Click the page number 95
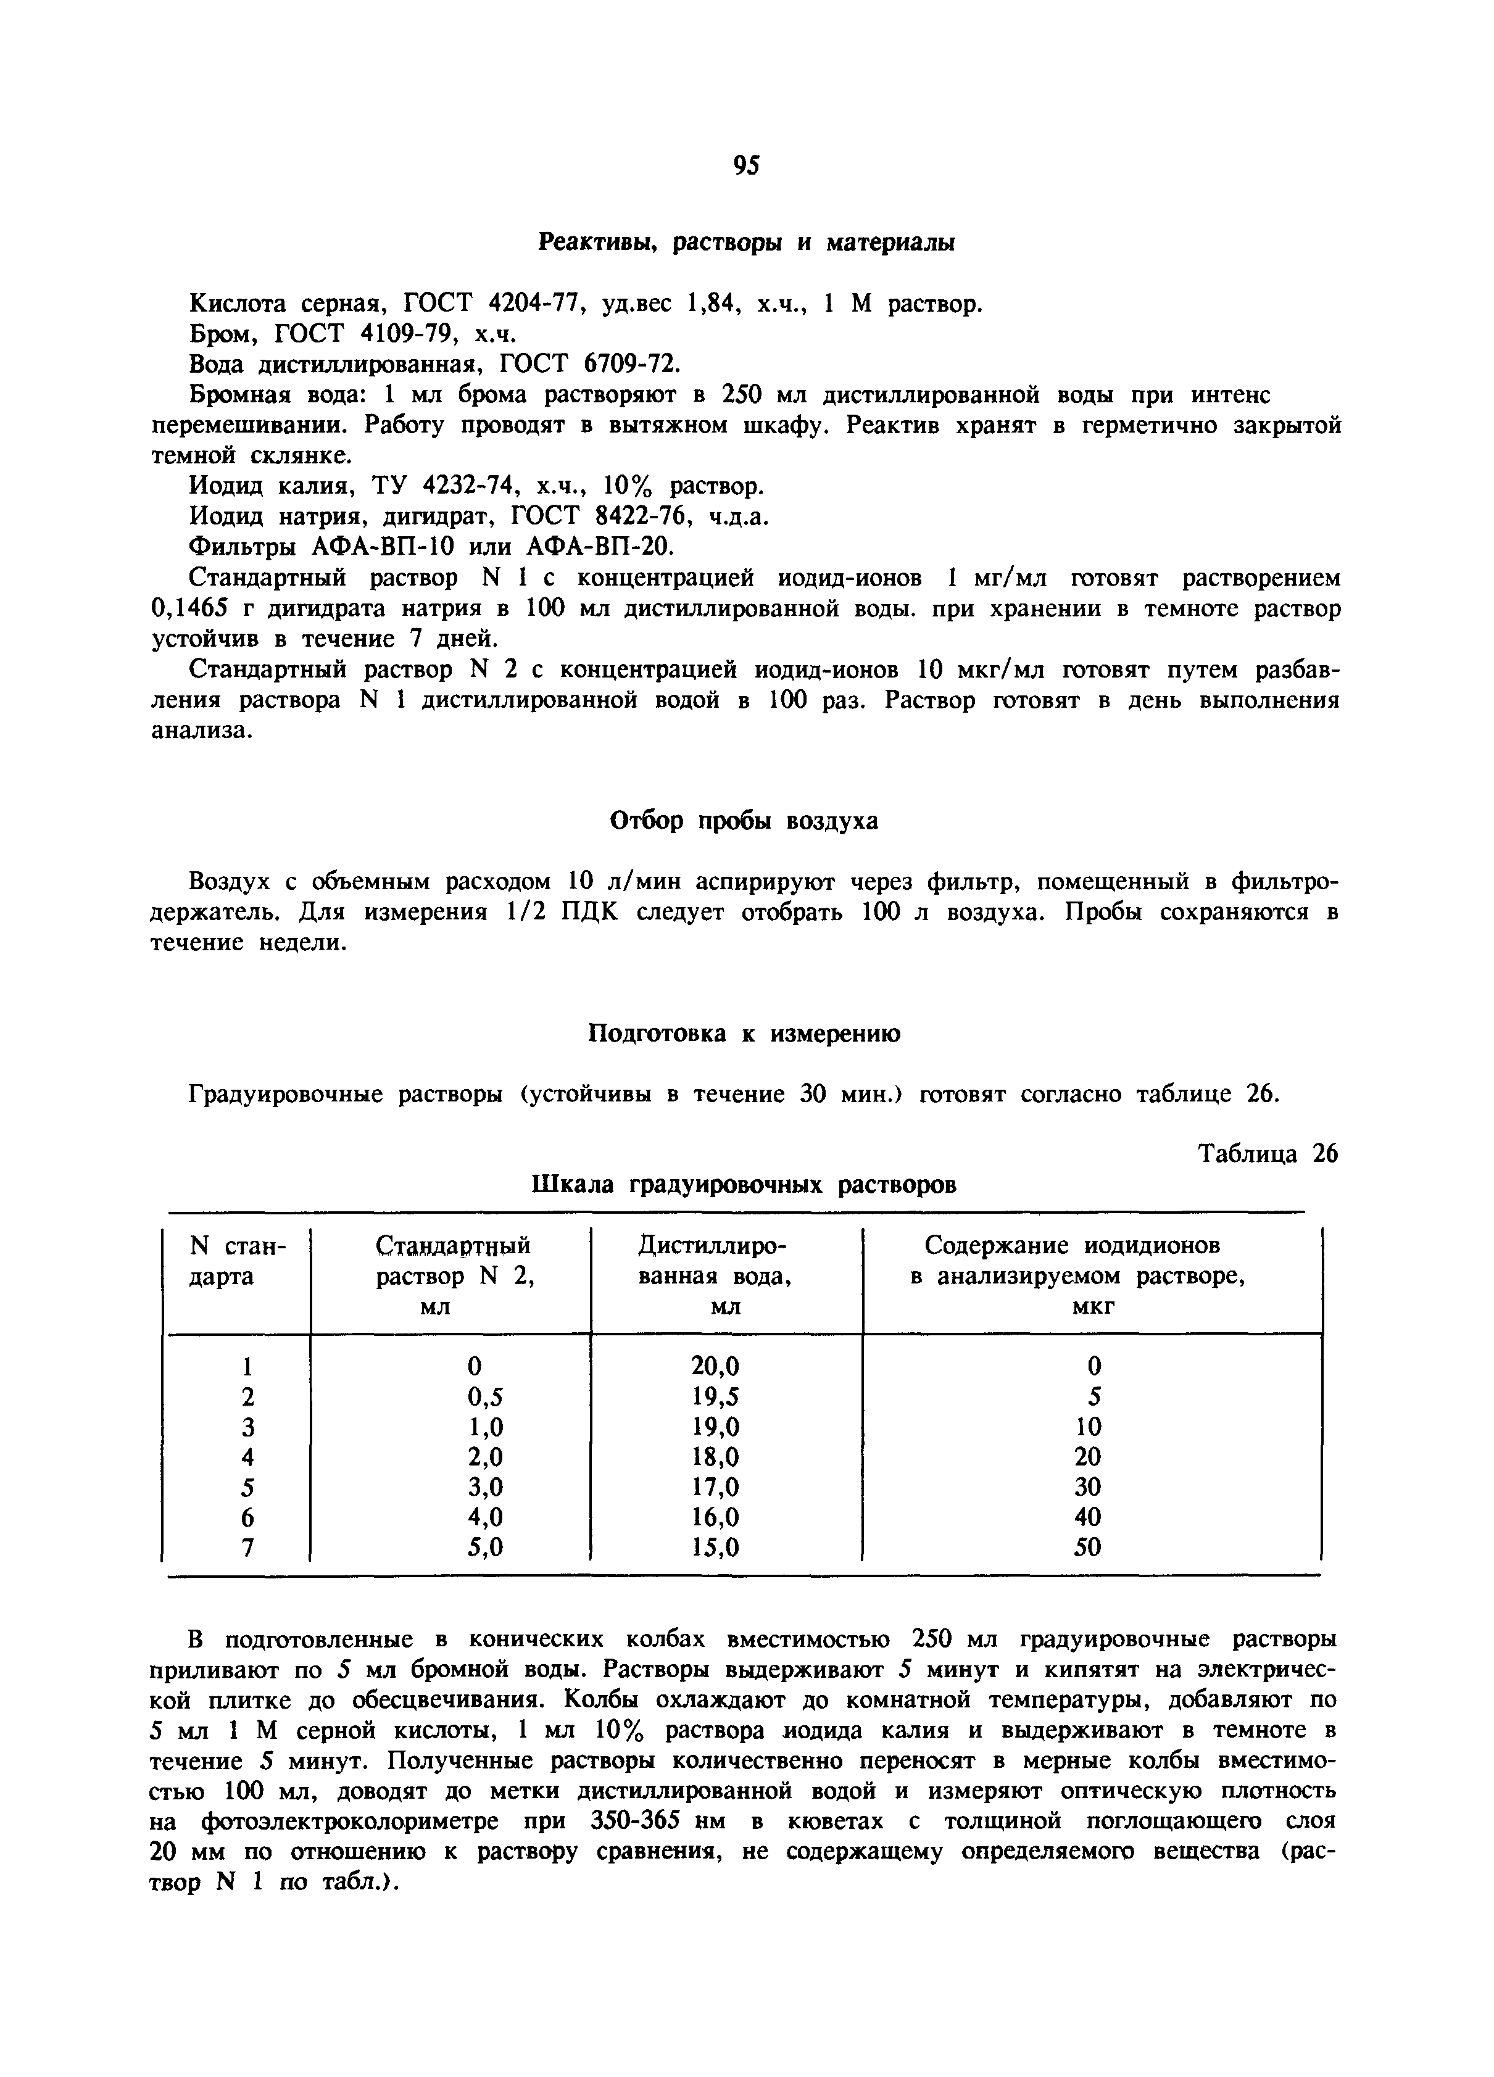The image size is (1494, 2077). coord(747,166)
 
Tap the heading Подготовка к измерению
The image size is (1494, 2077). coord(743,1034)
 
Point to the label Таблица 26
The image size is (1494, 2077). coord(1268,1155)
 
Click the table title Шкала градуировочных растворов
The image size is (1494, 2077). coord(744,1185)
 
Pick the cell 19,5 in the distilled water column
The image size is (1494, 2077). coord(715,1396)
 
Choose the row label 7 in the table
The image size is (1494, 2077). coord(246,1548)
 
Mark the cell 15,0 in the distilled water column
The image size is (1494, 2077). coord(715,1548)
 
